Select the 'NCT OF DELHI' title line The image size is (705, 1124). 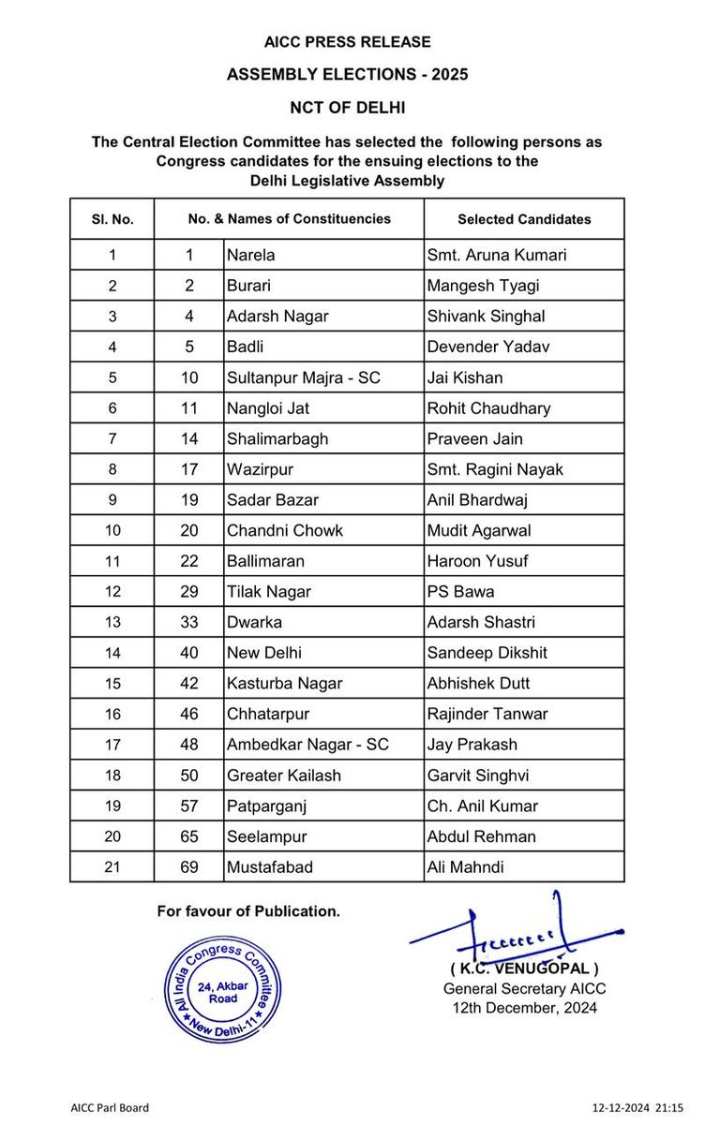point(347,108)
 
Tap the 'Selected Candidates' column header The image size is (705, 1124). point(524,219)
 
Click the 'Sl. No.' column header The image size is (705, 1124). point(112,219)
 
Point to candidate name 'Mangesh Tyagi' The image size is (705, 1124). point(481,286)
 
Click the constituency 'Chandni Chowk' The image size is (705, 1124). point(285,530)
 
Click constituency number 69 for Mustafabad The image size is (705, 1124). point(189,867)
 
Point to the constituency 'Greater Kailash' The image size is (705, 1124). point(284,776)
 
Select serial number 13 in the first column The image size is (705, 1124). point(112,622)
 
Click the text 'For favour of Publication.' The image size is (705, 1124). point(248,910)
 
